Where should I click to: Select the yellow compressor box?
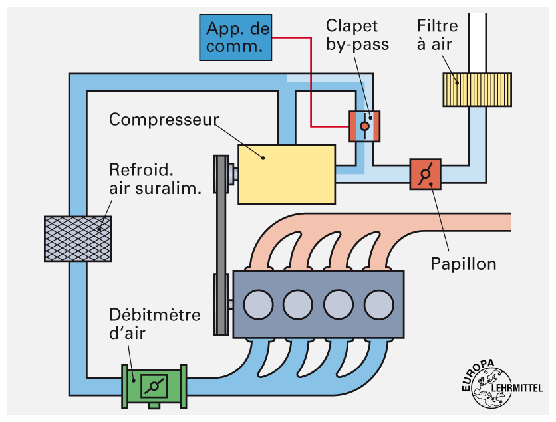click(286, 173)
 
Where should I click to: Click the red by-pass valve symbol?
click(364, 126)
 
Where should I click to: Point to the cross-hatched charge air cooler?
click(77, 238)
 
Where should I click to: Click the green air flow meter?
click(154, 385)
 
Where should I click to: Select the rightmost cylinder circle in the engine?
click(378, 304)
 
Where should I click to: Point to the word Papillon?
click(464, 263)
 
